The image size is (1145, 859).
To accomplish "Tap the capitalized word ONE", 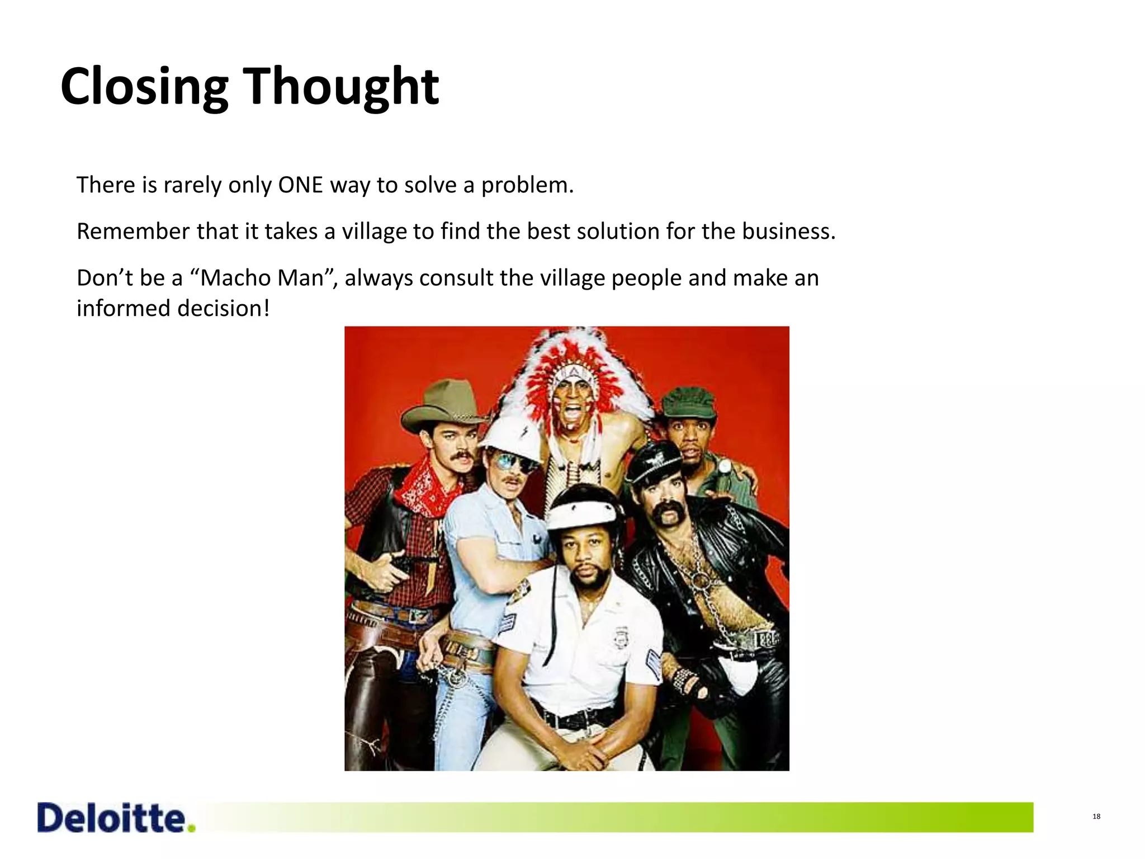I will tap(301, 185).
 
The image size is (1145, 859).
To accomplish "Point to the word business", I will tap(788, 232).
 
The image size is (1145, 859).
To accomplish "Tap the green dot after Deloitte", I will tap(192, 828).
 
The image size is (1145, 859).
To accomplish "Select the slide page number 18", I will tap(1096, 816).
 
